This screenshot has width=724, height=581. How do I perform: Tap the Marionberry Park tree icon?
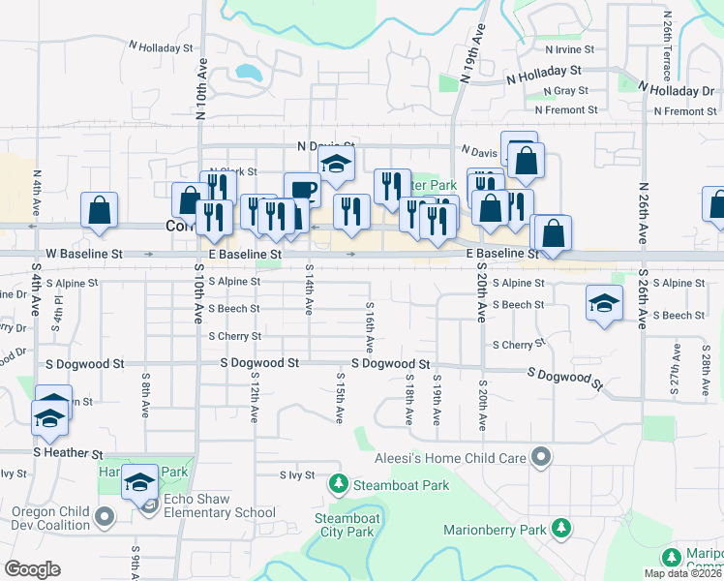point(560,528)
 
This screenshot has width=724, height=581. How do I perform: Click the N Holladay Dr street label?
point(667,90)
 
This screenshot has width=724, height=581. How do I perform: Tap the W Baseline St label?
point(84,254)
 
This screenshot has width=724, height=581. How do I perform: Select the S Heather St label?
point(68,453)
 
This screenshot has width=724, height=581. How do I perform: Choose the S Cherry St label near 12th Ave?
point(235,336)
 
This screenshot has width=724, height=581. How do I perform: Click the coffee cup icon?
point(301,189)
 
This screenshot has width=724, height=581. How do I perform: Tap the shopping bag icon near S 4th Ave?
point(100,210)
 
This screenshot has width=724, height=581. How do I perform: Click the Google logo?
point(32,569)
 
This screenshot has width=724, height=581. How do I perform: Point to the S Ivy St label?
point(298,474)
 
